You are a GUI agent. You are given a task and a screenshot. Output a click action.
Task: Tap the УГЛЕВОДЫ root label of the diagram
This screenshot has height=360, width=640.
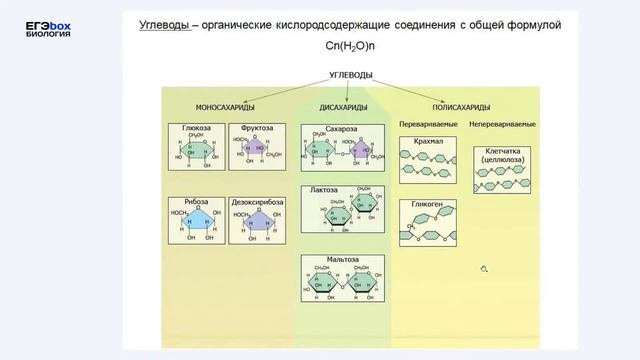pyautogui.click(x=357, y=75)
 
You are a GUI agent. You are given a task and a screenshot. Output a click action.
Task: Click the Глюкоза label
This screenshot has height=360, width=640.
pyautogui.click(x=196, y=129)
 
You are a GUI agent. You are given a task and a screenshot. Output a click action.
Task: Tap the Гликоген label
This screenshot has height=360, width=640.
pyautogui.click(x=427, y=205)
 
